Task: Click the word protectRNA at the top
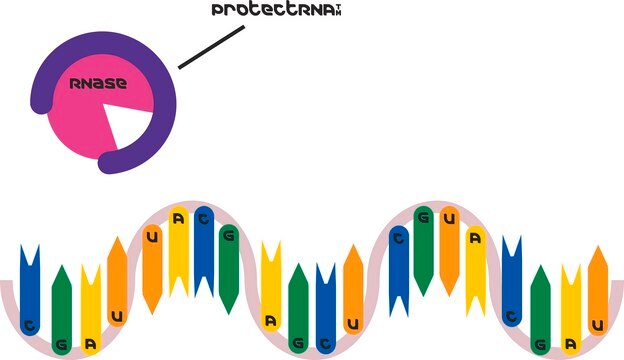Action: point(273,10)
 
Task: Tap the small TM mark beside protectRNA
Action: point(338,10)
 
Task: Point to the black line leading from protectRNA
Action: point(211,47)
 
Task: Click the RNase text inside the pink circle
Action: point(98,83)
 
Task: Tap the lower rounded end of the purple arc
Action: point(108,163)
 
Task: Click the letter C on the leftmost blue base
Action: point(30,326)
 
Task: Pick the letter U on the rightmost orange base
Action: point(598,326)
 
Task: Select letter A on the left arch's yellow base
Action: point(179,218)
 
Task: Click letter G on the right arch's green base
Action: point(423,217)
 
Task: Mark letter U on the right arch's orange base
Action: point(449,218)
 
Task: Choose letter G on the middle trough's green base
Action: point(298,342)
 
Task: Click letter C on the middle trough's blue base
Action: point(326,344)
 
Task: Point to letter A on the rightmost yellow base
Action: point(571,344)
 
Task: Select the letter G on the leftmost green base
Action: point(62,344)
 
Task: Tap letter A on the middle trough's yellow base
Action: point(271,321)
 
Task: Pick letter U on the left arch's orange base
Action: point(152,237)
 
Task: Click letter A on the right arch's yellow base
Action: point(476,238)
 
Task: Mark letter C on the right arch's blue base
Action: point(399,238)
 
